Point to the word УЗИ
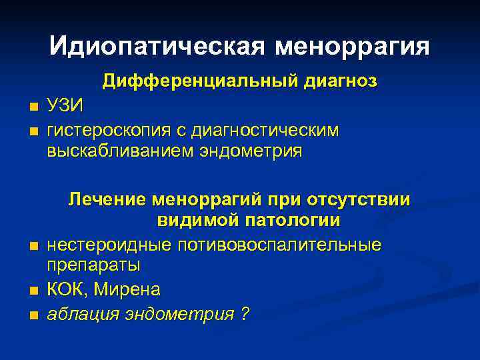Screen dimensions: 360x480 pyautogui.click(x=66, y=105)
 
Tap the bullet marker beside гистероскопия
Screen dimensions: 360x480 pyautogui.click(x=33, y=130)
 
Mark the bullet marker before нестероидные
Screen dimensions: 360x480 pyautogui.click(x=33, y=246)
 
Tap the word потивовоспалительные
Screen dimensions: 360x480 pyautogui.click(x=279, y=244)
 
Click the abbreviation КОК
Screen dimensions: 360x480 pyautogui.click(x=64, y=290)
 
